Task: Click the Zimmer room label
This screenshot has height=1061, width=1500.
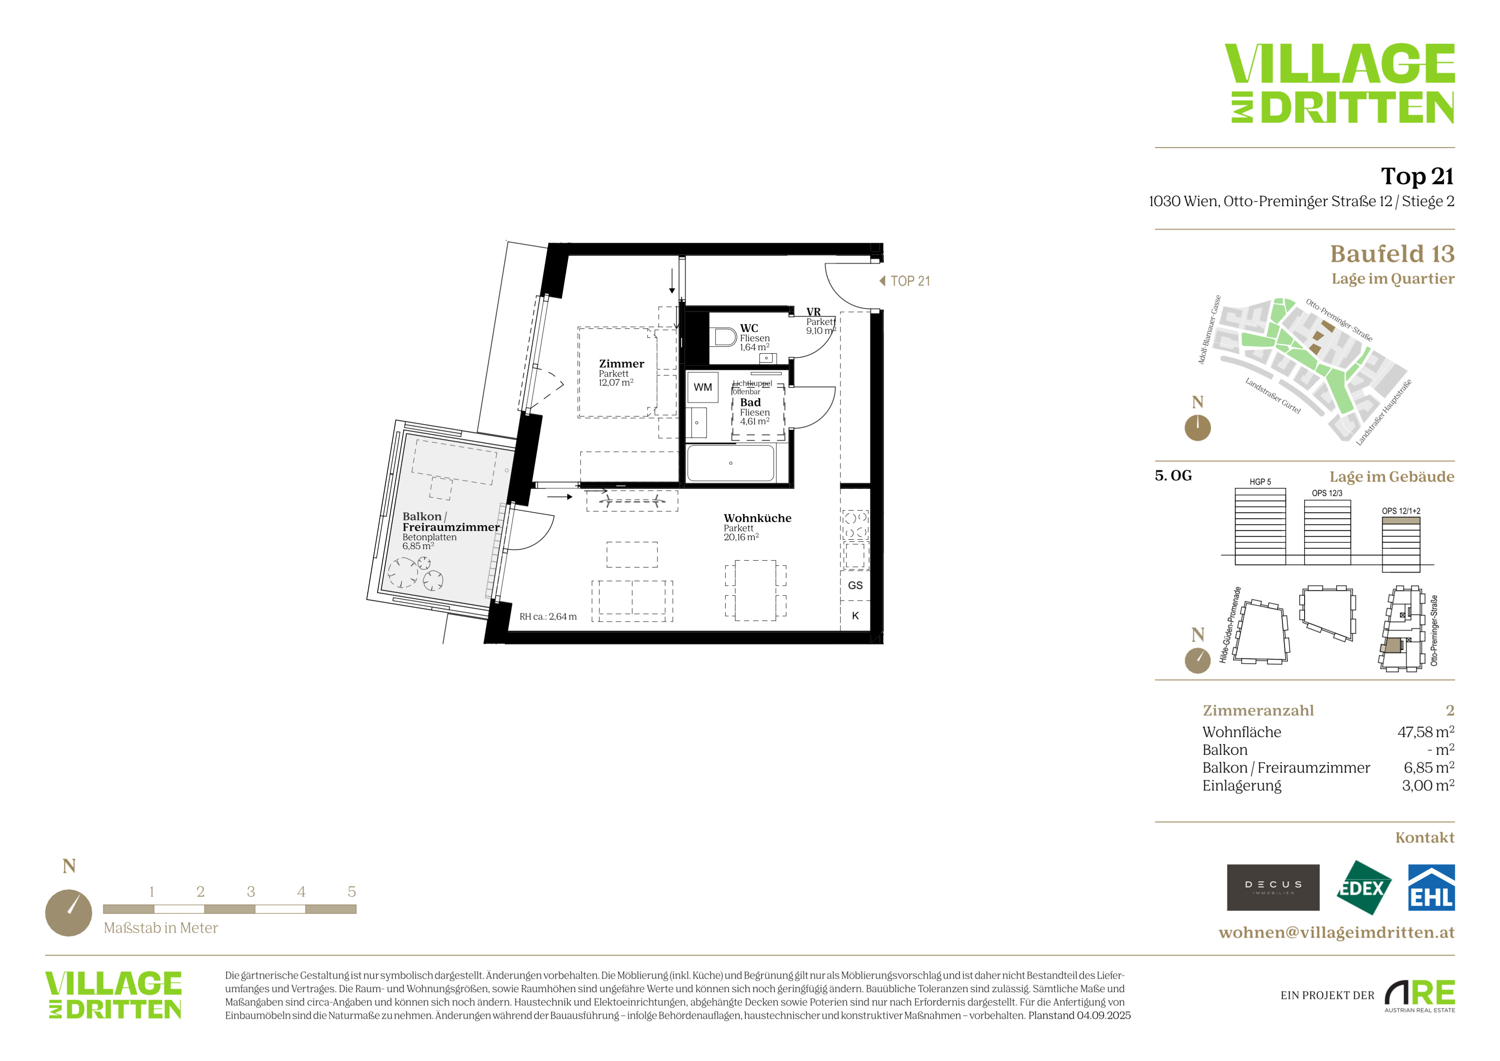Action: (621, 364)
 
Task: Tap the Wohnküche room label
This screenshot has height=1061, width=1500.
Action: (757, 518)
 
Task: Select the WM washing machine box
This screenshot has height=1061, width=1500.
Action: (703, 388)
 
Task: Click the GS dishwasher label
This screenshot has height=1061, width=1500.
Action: (855, 586)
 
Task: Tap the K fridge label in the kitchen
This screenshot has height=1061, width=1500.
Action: (855, 616)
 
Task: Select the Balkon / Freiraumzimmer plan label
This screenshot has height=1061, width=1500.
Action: (451, 522)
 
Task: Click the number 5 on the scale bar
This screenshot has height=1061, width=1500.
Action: (351, 892)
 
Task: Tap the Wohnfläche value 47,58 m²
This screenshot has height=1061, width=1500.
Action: (1425, 732)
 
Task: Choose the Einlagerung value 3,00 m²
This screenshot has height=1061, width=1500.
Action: (1428, 785)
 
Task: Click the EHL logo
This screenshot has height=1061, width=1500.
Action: (1431, 888)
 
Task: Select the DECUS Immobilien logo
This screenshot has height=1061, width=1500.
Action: (1273, 888)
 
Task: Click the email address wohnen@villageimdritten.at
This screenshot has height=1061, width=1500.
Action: (1337, 932)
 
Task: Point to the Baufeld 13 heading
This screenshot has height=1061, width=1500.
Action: (1392, 253)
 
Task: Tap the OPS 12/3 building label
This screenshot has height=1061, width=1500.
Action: (1327, 493)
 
